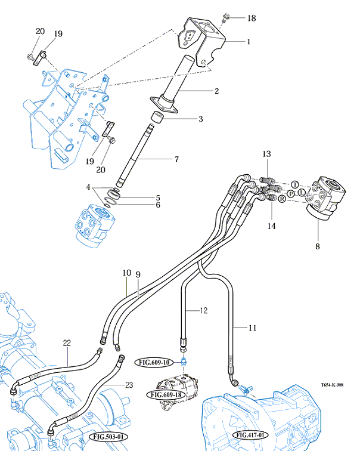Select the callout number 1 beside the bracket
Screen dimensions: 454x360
(249, 42)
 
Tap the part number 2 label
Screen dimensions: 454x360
(217, 91)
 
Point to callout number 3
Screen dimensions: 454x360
(201, 119)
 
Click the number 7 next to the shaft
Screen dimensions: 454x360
(176, 159)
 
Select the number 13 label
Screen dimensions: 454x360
(267, 154)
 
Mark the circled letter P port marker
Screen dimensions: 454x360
(290, 194)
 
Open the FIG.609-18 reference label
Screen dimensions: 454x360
(165, 395)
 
